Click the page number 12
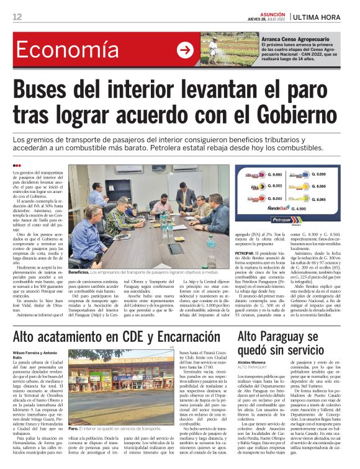pyautogui.click(x=17, y=16)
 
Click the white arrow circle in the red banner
pyautogui.click(x=184, y=50)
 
